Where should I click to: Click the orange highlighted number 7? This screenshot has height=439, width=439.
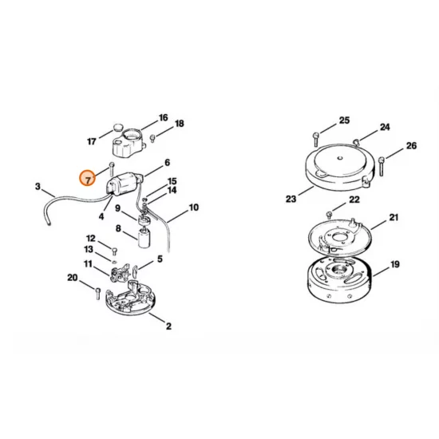(88, 179)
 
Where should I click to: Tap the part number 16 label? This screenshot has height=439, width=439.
(163, 118)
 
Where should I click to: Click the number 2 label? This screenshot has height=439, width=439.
(168, 326)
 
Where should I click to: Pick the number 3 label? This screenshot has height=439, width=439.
(38, 187)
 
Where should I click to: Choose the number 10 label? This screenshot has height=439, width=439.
(194, 208)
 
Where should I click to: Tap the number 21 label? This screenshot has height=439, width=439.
(394, 217)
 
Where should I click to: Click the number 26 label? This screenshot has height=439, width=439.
(411, 146)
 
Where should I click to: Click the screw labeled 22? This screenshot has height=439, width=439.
(330, 213)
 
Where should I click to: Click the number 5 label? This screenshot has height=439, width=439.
(160, 259)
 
